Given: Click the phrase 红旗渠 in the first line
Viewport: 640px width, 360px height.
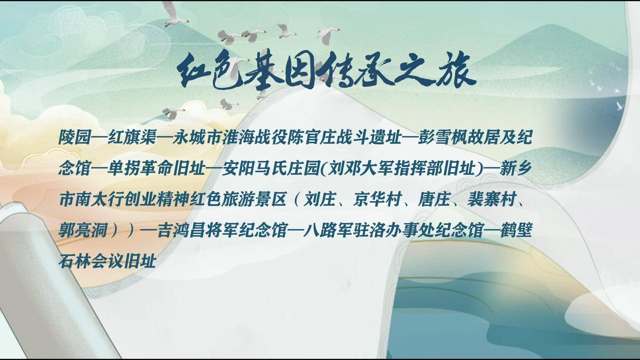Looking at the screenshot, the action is (x=132, y=137).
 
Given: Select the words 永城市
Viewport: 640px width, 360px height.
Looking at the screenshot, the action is (x=197, y=137).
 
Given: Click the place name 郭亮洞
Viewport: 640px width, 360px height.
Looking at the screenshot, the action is (x=83, y=231).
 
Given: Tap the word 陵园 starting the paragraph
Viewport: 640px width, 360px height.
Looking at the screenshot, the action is (x=75, y=137).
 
